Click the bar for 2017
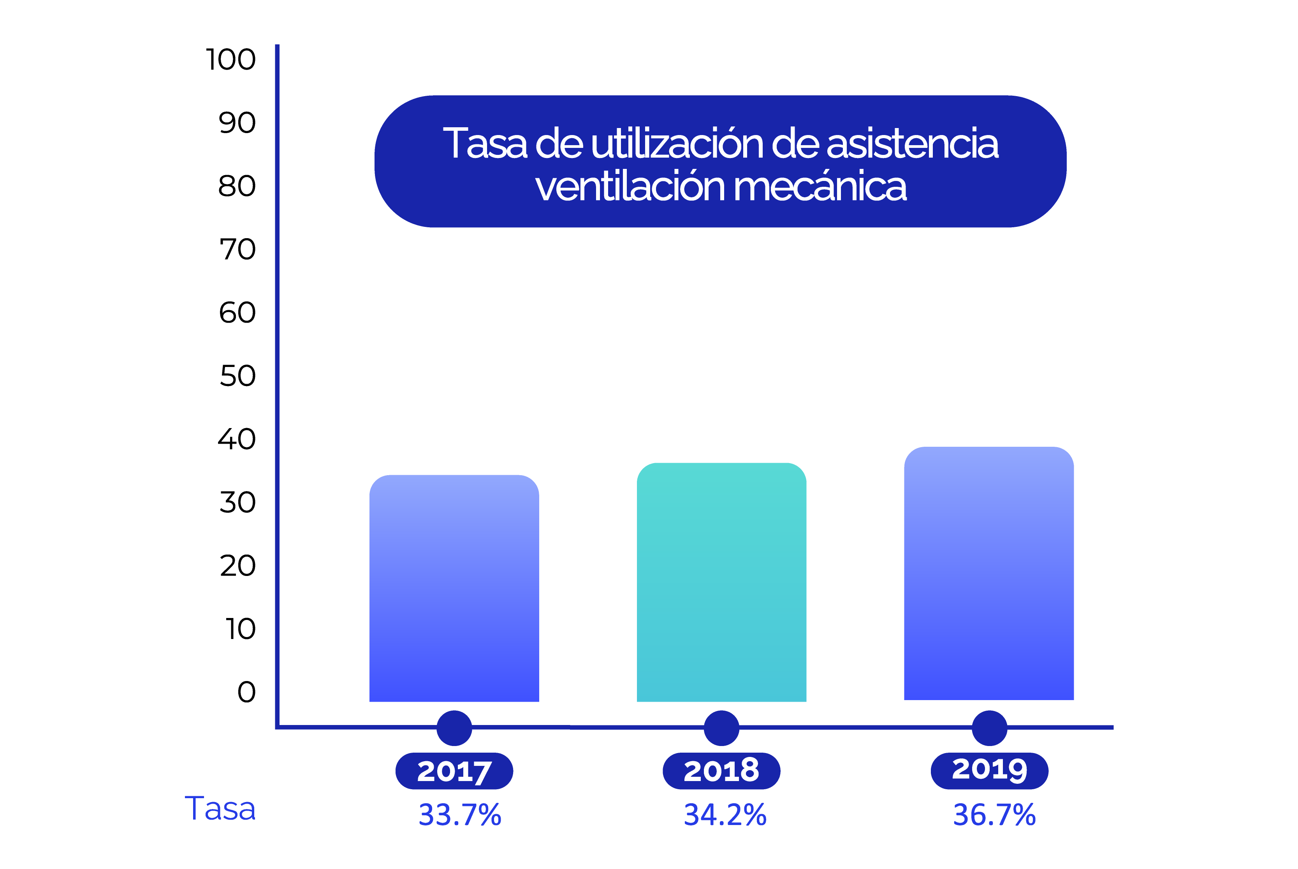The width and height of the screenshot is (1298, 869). click(454, 588)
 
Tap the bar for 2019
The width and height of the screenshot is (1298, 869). click(988, 574)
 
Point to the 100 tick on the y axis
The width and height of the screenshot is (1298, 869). click(230, 59)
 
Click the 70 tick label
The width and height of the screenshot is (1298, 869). click(237, 249)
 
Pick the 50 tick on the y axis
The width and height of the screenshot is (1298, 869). click(237, 376)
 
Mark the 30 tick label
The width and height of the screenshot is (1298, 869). click(237, 503)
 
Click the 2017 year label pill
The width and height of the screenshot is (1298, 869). click(454, 771)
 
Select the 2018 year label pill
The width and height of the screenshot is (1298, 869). click(721, 771)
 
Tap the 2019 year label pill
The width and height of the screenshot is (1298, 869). click(989, 771)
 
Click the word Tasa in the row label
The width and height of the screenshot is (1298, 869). click(220, 809)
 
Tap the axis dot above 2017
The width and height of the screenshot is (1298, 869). click(454, 728)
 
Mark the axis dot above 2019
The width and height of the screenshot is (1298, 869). click(989, 728)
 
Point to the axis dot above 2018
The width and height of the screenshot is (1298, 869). click(721, 728)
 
